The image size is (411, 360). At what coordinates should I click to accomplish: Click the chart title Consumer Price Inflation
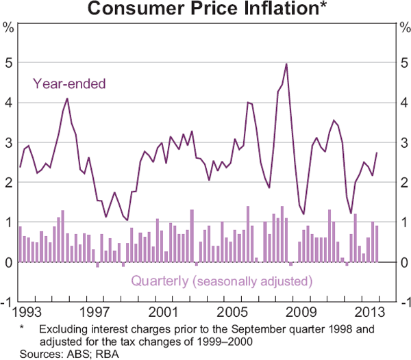coord(206,10)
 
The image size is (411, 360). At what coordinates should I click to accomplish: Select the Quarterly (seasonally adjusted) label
coord(221,281)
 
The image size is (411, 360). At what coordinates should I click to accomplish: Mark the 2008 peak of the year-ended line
coord(286,64)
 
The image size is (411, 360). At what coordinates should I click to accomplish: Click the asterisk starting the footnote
coord(23,329)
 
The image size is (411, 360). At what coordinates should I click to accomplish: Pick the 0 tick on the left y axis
coord(9,262)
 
